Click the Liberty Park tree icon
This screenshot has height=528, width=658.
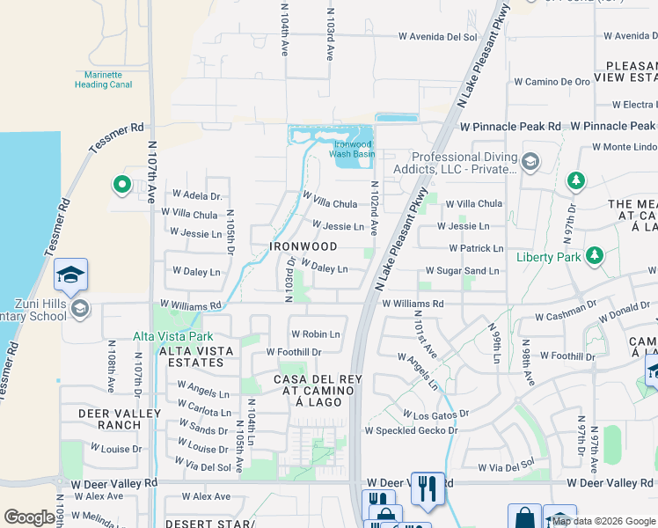pyautogui.click(x=596, y=256)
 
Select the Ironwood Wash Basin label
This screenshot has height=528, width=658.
pyautogui.click(x=352, y=149)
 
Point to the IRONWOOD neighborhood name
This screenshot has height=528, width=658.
pyautogui.click(x=303, y=246)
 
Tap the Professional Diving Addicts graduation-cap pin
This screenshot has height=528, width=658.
pyautogui.click(x=530, y=161)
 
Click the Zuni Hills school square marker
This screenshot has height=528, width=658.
pyautogui.click(x=70, y=275)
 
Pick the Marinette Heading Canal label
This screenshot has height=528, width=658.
pyautogui.click(x=104, y=80)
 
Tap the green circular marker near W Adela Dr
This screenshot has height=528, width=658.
pyautogui.click(x=121, y=185)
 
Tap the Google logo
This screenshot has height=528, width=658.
pyautogui.click(x=29, y=517)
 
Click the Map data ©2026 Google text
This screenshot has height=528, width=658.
pyautogui.click(x=603, y=521)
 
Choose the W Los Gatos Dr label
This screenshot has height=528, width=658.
pyautogui.click(x=436, y=413)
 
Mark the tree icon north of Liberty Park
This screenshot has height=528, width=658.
pyautogui.click(x=575, y=180)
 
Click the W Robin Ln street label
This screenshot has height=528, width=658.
pyautogui.click(x=315, y=334)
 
